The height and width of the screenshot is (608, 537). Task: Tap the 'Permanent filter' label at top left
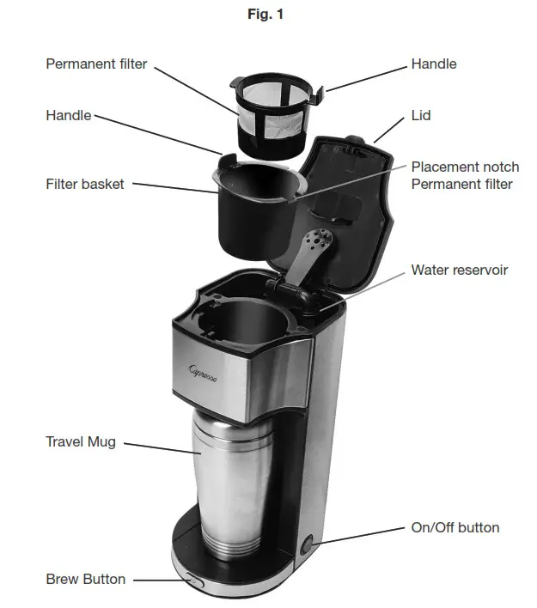pyautogui.click(x=96, y=64)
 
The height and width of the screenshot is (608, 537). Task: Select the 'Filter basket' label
pyautogui.click(x=85, y=184)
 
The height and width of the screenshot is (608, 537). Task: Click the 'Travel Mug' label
pyautogui.click(x=81, y=441)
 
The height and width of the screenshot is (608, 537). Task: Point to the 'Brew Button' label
pyautogui.click(x=85, y=579)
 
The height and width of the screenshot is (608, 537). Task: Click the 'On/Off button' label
pyautogui.click(x=455, y=527)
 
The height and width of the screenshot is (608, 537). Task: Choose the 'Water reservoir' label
pyautogui.click(x=459, y=270)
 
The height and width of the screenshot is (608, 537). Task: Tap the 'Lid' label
pyautogui.click(x=421, y=115)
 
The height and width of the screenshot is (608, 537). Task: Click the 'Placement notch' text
pyautogui.click(x=465, y=167)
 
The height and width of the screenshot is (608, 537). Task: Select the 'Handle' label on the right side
pyautogui.click(x=434, y=64)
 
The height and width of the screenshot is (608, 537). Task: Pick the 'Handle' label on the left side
pyautogui.click(x=68, y=115)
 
